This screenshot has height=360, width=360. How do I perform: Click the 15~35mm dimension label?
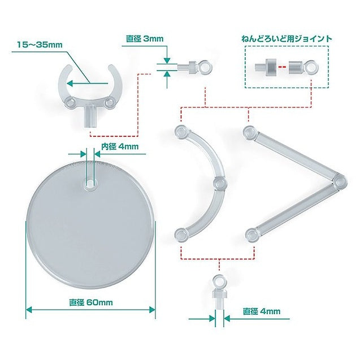coord(40,45)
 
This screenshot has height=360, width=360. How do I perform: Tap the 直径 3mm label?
coord(145,38)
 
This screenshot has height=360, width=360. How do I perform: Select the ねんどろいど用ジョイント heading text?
coord(287,38)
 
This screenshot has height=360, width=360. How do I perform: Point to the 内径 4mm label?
coord(120,146)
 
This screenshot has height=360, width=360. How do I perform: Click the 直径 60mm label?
coord(91,302)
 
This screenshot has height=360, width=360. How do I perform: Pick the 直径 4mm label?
coord(262,311)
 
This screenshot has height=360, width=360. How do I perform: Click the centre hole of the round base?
coord(90,184)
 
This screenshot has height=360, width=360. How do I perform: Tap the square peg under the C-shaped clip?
coord(90,116)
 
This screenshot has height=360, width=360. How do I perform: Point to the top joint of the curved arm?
coord(181,132)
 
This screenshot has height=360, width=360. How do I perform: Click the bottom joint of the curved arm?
coord(181,235)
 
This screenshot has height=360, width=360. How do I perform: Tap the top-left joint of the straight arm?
coord(250,132)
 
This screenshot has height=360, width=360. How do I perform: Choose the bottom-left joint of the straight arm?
coord(251,235)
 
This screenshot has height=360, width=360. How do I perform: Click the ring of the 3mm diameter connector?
coord(205,67)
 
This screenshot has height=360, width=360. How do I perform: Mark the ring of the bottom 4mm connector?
coord(219,281)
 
